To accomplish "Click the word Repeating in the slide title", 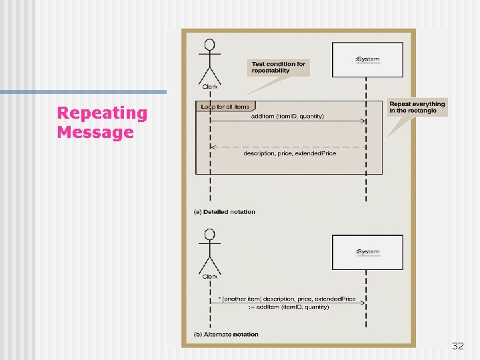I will [102, 113].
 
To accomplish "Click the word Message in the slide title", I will [95, 132].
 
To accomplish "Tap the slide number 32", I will [457, 346].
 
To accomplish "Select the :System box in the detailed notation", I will [367, 59].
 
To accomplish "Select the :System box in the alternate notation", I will [367, 251].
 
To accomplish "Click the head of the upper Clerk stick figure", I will [210, 46].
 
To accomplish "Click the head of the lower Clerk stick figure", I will [210, 235].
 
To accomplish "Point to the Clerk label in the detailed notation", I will [210, 85].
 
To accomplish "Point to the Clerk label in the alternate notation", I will [210, 276].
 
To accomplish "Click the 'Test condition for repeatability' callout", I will [278, 67].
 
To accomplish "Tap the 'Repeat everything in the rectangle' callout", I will [417, 107].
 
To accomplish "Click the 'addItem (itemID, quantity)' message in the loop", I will [287, 117].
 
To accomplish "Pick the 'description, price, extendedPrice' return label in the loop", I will [289, 154].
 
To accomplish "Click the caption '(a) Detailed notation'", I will [225, 212].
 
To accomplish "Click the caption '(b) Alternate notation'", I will [226, 334].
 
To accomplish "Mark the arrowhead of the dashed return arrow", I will [213, 147].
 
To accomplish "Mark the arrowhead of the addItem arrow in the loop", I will [363, 122].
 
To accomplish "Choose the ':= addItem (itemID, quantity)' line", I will [290, 307].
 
